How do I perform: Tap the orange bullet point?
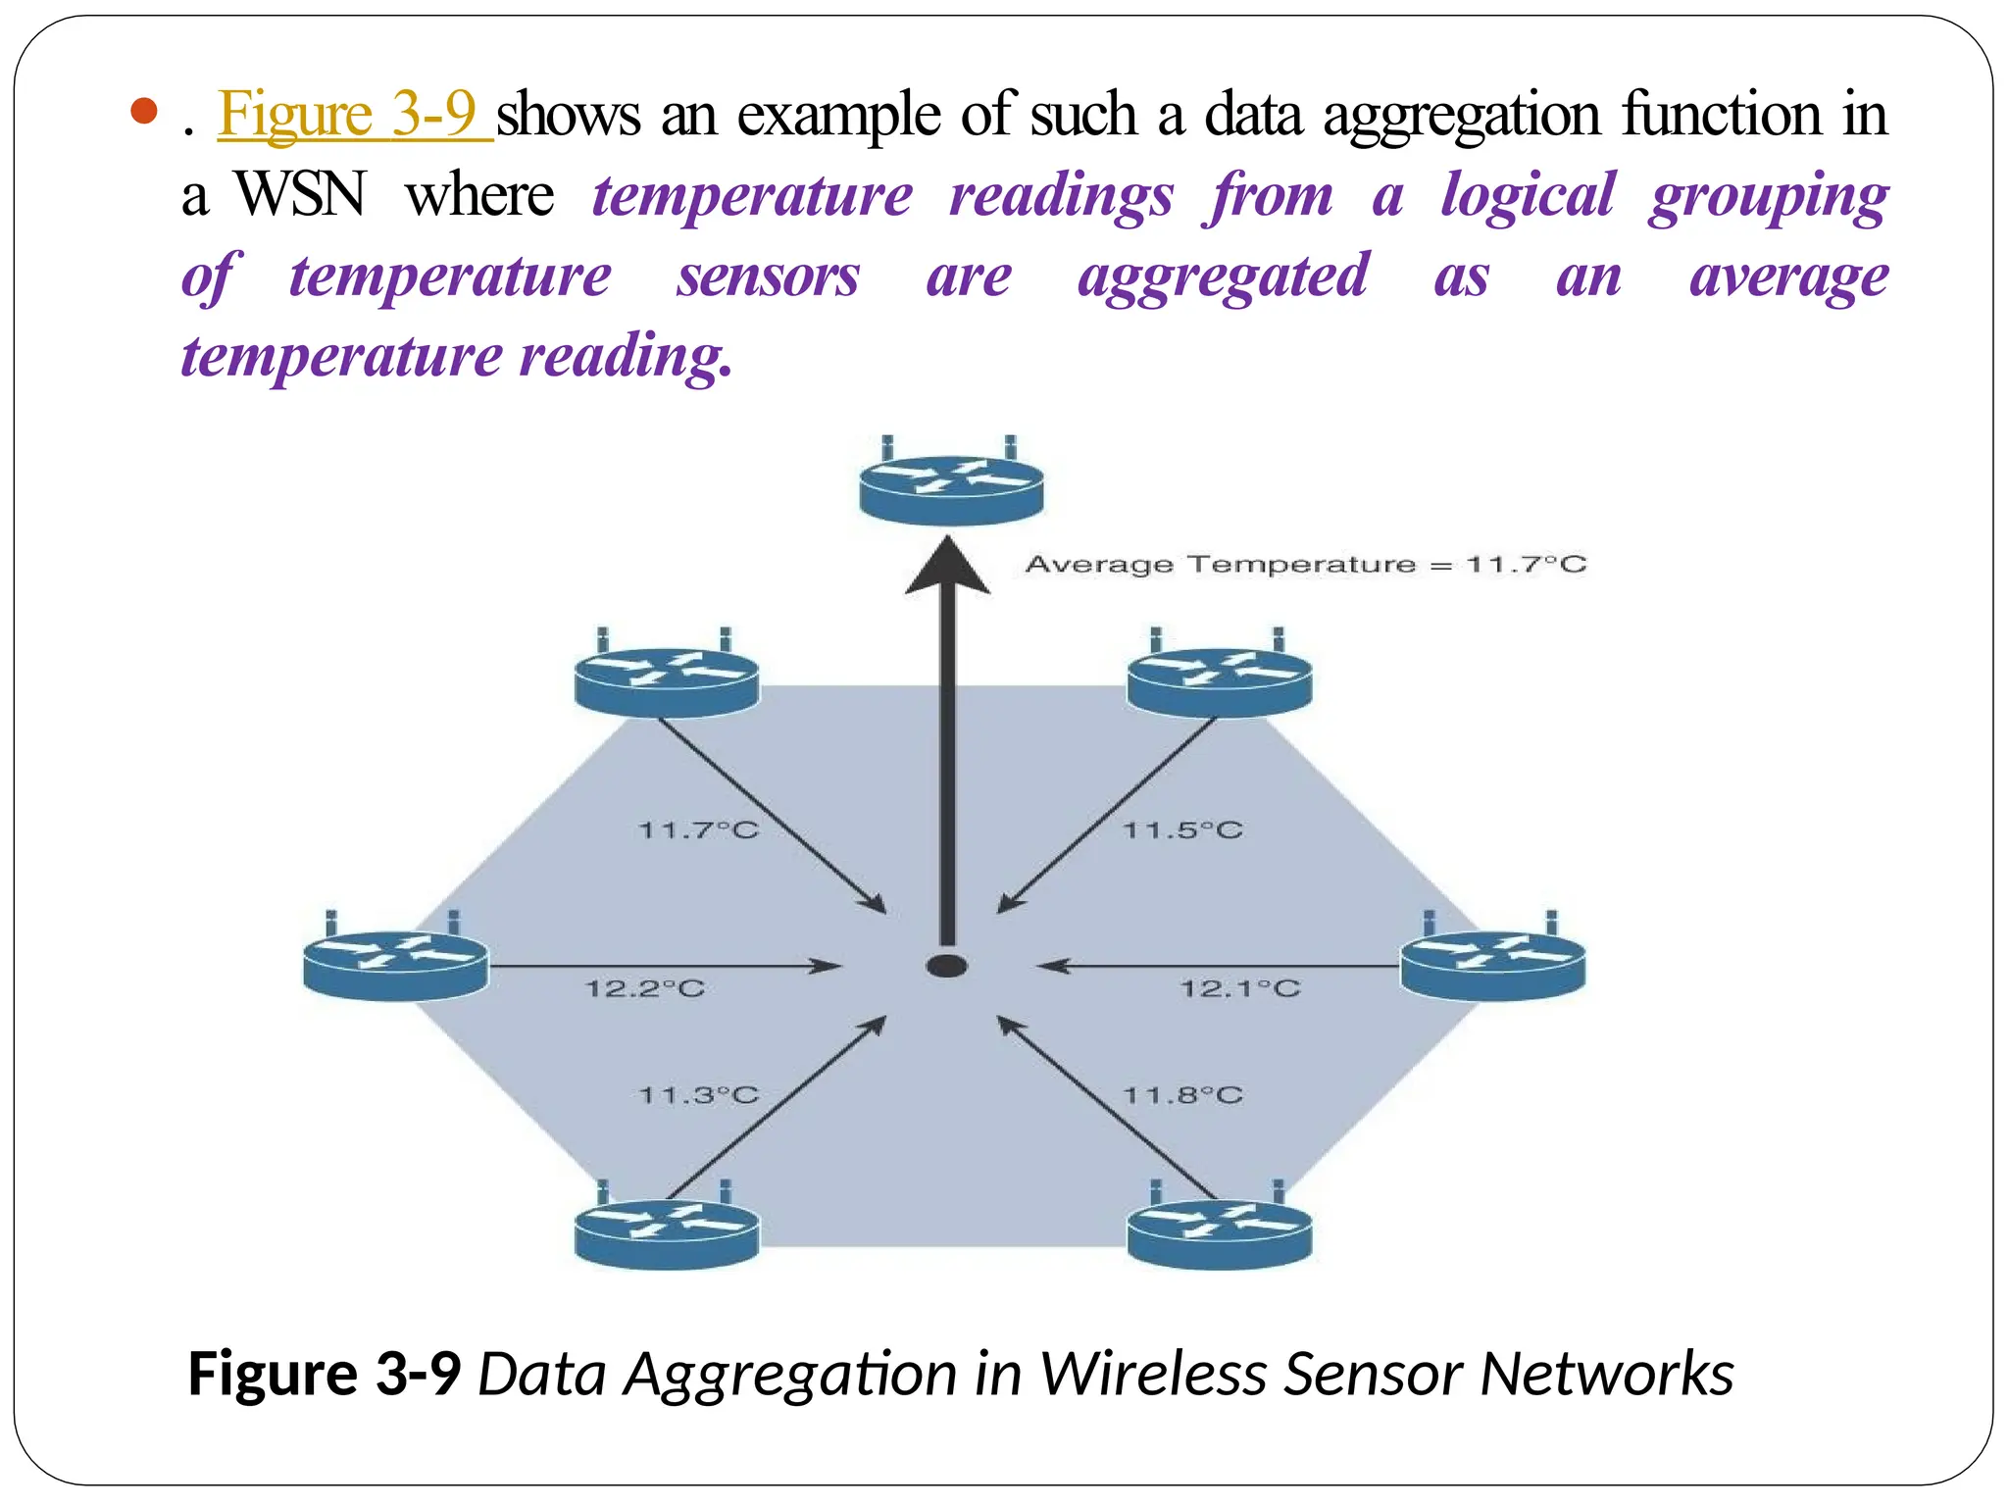pos(143,111)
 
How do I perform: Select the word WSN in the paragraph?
pos(300,194)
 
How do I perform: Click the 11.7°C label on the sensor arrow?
pos(698,830)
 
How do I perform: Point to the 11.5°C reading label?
pos(1182,830)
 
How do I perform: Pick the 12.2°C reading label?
pos(645,988)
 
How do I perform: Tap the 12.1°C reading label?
pos(1239,988)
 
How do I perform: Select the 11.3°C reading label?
pos(698,1095)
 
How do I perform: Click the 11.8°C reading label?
pos(1182,1095)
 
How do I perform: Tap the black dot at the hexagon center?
pos(947,967)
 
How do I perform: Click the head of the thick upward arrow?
pos(947,567)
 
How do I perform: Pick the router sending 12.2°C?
pos(395,963)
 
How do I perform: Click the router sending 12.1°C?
pos(1492,963)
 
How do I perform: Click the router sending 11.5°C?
pos(1220,679)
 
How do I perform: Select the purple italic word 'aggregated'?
pos(1223,276)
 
